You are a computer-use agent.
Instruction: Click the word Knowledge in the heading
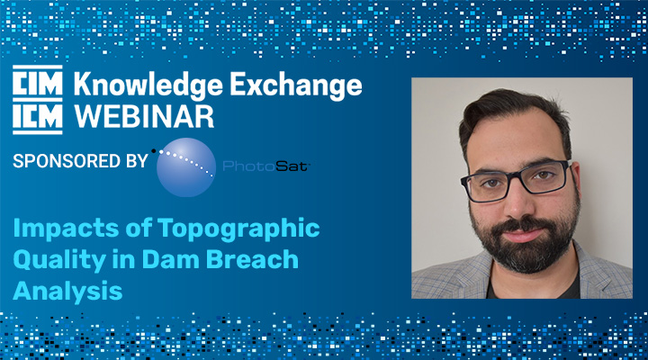148,85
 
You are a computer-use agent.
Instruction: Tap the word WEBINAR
144,117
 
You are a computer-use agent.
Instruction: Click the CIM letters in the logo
38,83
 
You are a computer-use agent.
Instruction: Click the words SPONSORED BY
80,161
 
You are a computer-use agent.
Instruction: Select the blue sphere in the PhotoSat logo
186,167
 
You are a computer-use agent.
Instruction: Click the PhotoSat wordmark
266,166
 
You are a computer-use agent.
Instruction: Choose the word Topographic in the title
238,229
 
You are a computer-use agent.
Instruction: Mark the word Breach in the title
252,259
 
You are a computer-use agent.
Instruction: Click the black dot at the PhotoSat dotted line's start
154,151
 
